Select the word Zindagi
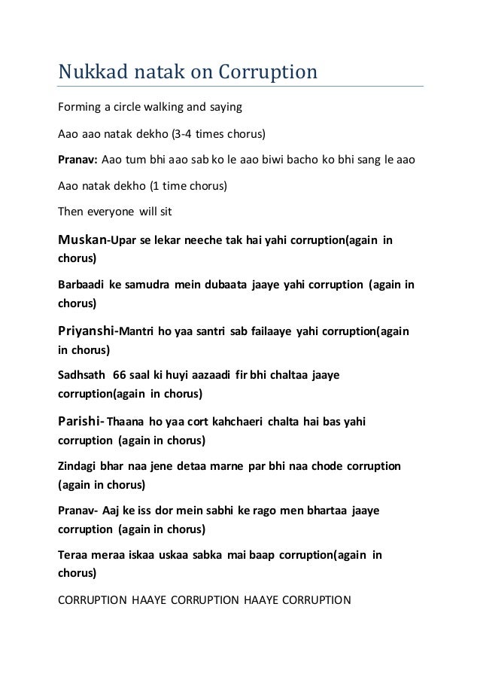pos(79,466)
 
